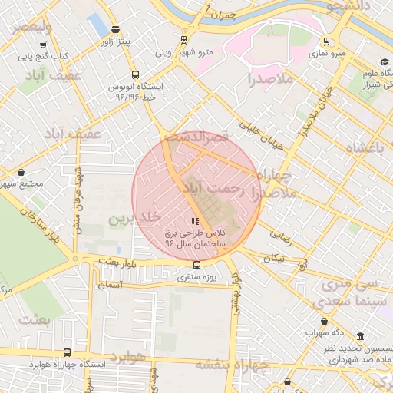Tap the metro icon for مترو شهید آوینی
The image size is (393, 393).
pyautogui.click(x=183, y=40)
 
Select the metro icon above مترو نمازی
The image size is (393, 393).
pyautogui.click(x=327, y=42)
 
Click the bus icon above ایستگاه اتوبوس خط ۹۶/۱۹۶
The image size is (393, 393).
pyautogui.click(x=135, y=75)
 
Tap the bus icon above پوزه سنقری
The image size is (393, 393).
pyautogui.click(x=197, y=265)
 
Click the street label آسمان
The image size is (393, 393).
pyautogui.click(x=107, y=285)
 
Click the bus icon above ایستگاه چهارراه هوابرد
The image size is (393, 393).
pyautogui.click(x=68, y=353)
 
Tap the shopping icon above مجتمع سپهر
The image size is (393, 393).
pyautogui.click(x=20, y=173)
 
